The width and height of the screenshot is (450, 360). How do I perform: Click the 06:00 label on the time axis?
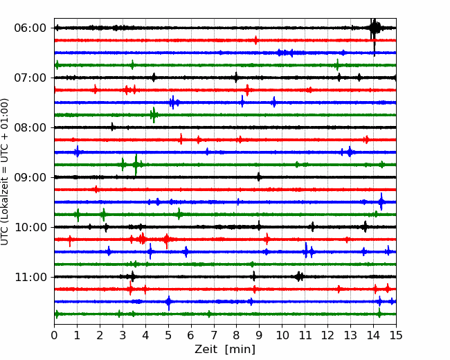point(30,28)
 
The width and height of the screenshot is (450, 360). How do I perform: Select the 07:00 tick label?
point(30,78)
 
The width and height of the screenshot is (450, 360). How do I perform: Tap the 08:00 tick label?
point(30,127)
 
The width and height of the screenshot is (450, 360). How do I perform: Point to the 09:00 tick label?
point(30,177)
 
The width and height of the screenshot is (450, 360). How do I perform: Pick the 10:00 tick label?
point(30,227)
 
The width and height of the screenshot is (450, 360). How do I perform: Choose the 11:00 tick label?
point(30,277)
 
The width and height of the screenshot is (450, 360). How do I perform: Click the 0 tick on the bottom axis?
point(54,335)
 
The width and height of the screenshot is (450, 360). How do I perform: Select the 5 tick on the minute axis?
point(168,335)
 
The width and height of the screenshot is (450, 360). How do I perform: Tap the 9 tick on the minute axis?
point(259,335)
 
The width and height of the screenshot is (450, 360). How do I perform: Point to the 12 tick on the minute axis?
point(327,335)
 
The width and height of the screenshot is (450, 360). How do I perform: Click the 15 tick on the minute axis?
point(396,335)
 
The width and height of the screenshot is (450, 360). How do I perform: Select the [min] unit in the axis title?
point(240,350)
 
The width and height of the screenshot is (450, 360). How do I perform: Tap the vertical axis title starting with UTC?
point(5,172)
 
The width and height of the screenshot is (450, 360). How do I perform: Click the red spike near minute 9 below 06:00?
point(255,40)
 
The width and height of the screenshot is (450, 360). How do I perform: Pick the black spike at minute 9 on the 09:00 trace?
point(259,177)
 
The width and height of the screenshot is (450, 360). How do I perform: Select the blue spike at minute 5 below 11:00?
point(169,303)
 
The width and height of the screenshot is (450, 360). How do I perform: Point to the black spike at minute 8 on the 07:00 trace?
point(236,78)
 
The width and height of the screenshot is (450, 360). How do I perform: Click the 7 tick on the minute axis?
point(214,335)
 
